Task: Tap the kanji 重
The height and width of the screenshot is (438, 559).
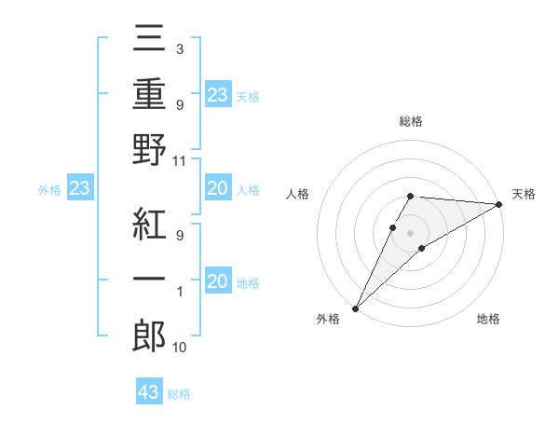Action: point(149,96)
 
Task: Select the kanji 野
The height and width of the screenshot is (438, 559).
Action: point(149,149)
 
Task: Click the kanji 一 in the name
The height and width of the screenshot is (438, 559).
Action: point(149,281)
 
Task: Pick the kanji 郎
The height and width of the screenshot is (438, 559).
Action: point(149,335)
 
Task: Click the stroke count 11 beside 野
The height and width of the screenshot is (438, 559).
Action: point(181,161)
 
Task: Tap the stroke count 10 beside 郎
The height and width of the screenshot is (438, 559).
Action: point(181,348)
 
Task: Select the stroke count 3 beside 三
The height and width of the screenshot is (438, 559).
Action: point(179,48)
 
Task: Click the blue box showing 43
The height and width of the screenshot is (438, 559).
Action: point(149,392)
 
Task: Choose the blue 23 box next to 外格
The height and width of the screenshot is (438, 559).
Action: point(80,189)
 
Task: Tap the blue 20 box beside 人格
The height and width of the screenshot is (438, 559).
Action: point(217,189)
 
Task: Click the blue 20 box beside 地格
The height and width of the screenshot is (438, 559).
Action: point(217,281)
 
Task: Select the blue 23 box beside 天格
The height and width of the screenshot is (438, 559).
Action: point(217,94)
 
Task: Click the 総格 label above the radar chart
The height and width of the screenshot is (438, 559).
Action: point(411,121)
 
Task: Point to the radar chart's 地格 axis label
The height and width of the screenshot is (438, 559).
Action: point(488,320)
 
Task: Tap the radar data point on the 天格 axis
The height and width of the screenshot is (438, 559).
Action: point(498,204)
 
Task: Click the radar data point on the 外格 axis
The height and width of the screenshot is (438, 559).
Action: point(355,308)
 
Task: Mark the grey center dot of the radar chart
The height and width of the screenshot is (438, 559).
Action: point(411,232)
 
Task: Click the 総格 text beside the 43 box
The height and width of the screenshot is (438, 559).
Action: point(179,394)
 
